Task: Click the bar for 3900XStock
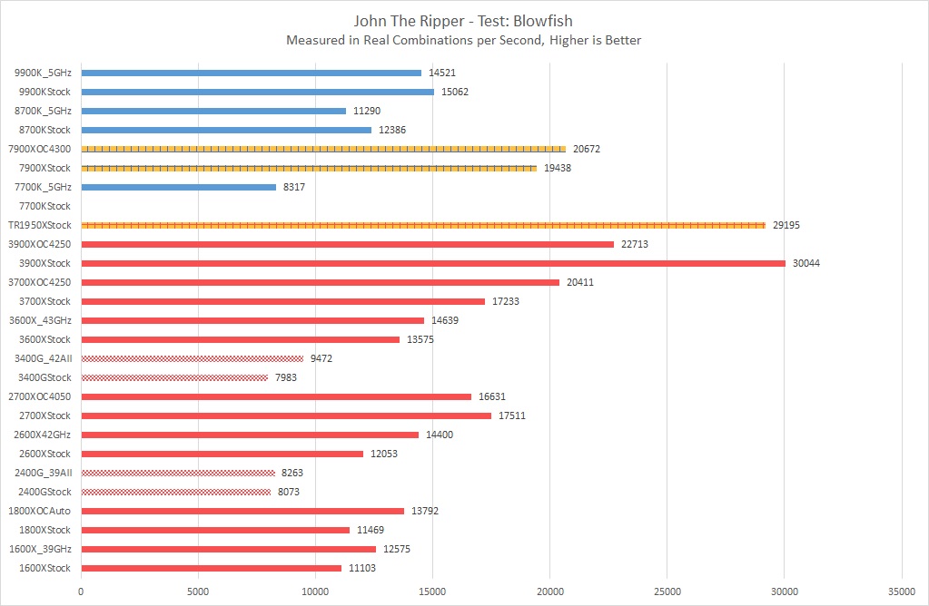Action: pos(433,263)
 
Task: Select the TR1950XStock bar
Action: pos(423,225)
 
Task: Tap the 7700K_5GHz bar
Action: pos(178,187)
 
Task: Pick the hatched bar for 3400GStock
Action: pos(174,377)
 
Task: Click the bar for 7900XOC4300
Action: pos(323,149)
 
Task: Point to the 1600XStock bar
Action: pos(211,568)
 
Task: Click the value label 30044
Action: pos(805,263)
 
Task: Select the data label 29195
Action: pos(786,225)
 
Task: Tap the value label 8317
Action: pos(296,187)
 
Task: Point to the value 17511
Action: pos(511,415)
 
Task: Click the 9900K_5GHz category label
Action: pos(43,73)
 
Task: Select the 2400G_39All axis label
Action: pos(44,473)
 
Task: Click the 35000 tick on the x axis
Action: pos(901,591)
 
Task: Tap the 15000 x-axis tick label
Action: pos(432,591)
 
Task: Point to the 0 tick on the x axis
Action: pos(81,591)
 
